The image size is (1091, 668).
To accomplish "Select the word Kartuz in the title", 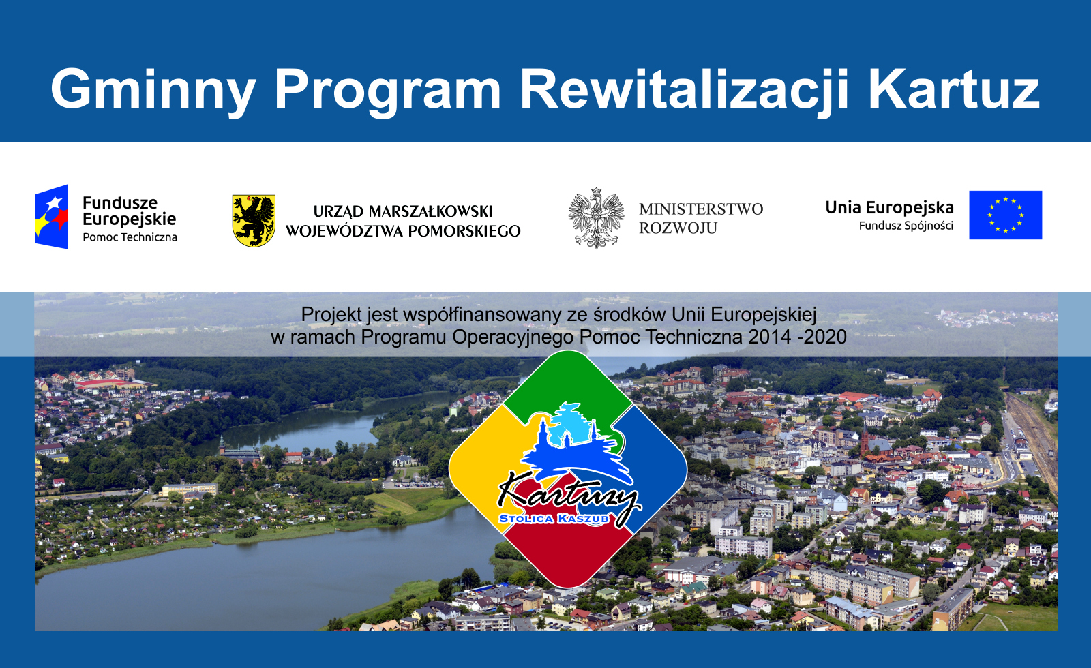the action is coord(955,89).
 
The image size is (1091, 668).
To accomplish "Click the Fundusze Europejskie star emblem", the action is coord(51,217).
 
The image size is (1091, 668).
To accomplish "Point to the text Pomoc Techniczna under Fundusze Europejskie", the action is coord(130,237).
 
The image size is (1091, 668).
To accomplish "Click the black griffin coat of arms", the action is coord(254,221).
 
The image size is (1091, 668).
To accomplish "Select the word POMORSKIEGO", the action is coord(464,231).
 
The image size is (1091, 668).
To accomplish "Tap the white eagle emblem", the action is coord(597,218).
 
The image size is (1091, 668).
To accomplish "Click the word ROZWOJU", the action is coord(678,228).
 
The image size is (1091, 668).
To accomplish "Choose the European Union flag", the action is coord(1005,215).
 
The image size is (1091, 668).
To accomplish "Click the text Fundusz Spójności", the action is coord(906,226).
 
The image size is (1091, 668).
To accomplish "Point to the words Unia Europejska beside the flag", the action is coord(889,208).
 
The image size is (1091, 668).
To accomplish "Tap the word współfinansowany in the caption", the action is coord(483,314).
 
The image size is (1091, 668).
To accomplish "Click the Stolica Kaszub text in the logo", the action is coord(554,519).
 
